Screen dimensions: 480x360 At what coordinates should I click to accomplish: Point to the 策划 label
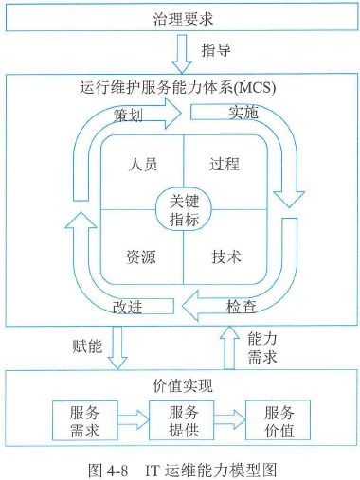(131, 116)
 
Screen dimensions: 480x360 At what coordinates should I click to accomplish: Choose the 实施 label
(243, 114)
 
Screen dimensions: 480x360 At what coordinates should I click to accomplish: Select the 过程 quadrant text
(226, 162)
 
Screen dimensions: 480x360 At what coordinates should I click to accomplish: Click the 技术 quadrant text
(226, 256)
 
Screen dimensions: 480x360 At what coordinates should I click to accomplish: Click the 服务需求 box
(92, 421)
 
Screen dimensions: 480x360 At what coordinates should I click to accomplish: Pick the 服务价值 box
(279, 421)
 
